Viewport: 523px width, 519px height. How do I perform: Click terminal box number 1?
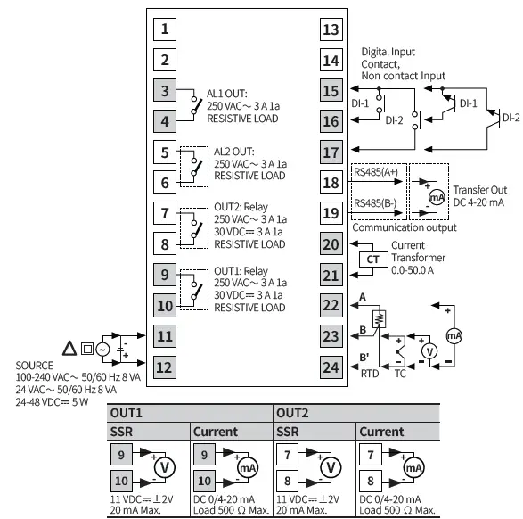tap(164, 29)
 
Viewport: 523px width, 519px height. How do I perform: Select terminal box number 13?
tap(331, 29)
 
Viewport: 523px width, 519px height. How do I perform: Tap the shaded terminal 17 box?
tap(331, 152)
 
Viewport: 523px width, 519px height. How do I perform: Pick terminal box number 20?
tap(331, 243)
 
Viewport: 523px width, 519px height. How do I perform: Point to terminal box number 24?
tap(331, 367)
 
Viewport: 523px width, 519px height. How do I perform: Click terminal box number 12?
tap(164, 367)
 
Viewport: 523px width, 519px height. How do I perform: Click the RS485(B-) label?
tap(374, 202)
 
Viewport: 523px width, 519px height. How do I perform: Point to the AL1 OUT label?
tap(228, 93)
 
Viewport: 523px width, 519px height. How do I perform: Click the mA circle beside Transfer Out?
tap(437, 196)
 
